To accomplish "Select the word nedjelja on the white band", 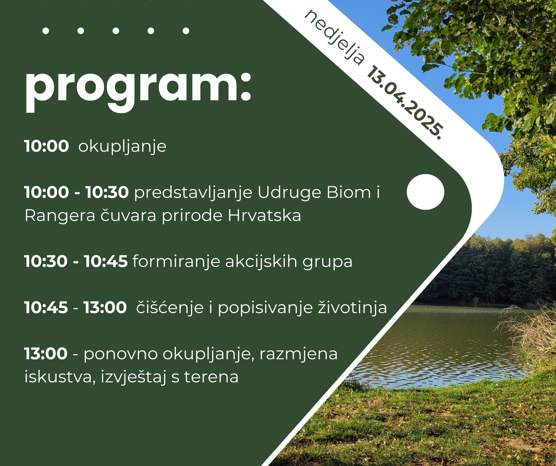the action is click(x=334, y=37).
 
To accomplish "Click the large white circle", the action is click(x=425, y=192).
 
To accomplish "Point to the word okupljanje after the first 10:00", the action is click(x=122, y=147).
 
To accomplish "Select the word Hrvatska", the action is click(x=264, y=216).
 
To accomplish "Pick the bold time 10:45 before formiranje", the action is click(x=106, y=261).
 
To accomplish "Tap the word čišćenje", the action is click(x=170, y=308).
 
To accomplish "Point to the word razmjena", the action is click(x=298, y=354).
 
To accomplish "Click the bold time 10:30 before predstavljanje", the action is click(x=107, y=192).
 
